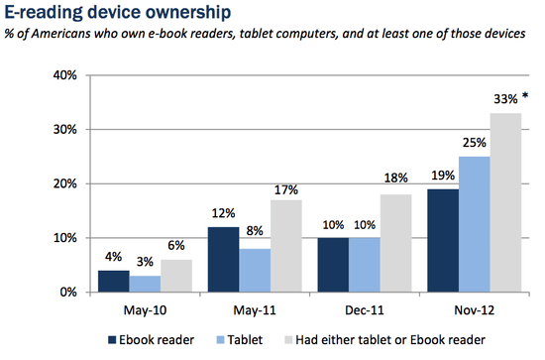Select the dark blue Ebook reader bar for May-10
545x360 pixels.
(114, 282)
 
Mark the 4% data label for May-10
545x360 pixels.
(114, 259)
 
